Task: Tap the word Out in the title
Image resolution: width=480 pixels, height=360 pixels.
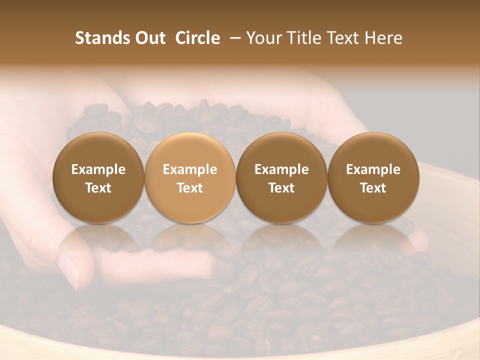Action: click(x=149, y=38)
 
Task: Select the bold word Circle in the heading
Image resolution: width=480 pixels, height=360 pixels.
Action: click(x=197, y=38)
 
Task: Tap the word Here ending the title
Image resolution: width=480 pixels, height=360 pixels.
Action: click(x=384, y=38)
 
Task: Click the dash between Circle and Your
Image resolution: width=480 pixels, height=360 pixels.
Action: click(x=232, y=38)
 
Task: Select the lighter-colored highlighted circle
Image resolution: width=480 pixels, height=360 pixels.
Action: click(x=190, y=150)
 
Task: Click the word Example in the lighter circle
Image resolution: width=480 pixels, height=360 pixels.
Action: click(x=190, y=169)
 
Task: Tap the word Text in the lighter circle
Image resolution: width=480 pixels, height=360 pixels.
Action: click(x=190, y=188)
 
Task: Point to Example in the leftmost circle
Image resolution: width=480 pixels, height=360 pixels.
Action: click(x=98, y=169)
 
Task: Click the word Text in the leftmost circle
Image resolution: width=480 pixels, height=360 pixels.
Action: click(x=98, y=188)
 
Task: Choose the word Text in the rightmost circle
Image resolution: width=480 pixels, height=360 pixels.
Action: click(x=373, y=188)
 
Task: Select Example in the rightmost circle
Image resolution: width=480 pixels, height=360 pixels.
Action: click(x=373, y=169)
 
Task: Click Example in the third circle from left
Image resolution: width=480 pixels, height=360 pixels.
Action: click(x=281, y=169)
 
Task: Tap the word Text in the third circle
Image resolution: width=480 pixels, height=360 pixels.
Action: click(x=281, y=188)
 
